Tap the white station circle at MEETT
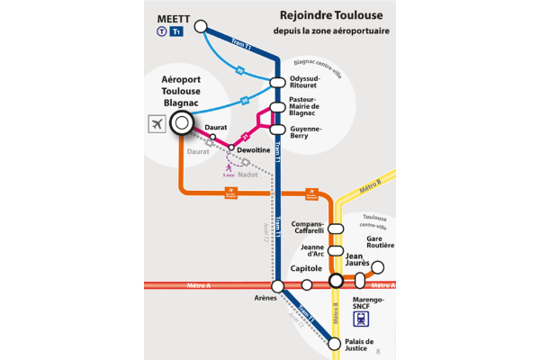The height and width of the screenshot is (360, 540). (x=201, y=27)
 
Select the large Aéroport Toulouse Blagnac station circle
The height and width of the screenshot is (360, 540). (x=182, y=123)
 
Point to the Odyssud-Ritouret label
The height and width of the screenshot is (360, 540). (x=311, y=84)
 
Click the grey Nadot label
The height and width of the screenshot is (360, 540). (x=247, y=175)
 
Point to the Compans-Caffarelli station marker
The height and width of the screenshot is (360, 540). (x=335, y=229)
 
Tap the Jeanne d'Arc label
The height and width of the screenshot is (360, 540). (x=310, y=251)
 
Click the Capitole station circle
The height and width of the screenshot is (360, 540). (x=307, y=284)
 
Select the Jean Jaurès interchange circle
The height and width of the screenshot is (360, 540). (x=336, y=281)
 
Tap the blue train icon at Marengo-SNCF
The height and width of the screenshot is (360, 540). (x=362, y=318)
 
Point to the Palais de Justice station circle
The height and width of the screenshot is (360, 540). (x=336, y=342)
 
